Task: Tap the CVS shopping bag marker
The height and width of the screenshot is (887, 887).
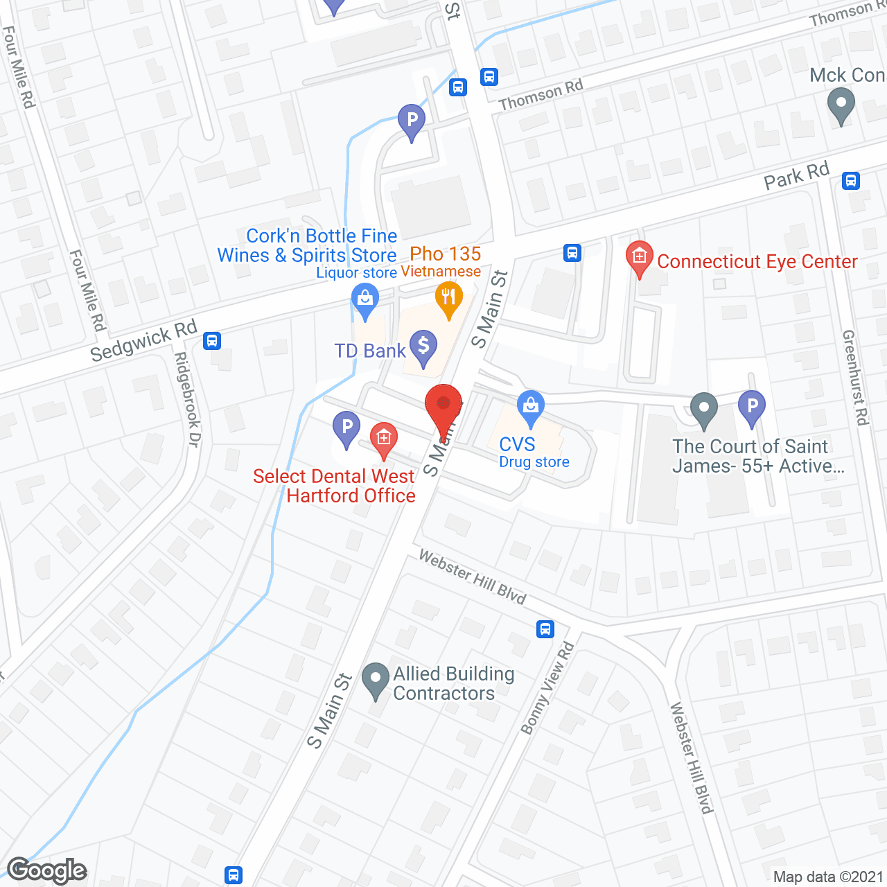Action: coord(531,408)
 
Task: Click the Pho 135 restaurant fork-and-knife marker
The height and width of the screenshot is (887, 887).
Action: coord(449,299)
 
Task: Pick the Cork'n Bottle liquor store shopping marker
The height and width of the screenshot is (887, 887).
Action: coord(365,302)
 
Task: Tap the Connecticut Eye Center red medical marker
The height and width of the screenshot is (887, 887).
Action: coord(639,258)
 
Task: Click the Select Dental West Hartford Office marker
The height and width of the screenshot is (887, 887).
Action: coord(383,439)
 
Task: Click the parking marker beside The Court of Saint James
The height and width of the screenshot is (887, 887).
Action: coord(751,407)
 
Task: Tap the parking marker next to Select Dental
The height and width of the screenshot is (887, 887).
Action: coord(346,428)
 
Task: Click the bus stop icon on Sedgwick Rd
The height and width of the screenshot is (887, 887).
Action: coord(212,341)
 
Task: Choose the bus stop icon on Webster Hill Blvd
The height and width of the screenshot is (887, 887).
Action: coord(545,629)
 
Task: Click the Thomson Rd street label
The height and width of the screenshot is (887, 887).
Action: coord(541,95)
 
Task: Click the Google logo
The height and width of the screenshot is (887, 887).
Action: coord(47,870)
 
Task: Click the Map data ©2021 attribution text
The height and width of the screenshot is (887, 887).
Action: coord(828,877)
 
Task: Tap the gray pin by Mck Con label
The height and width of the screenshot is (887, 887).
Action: coord(841,107)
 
